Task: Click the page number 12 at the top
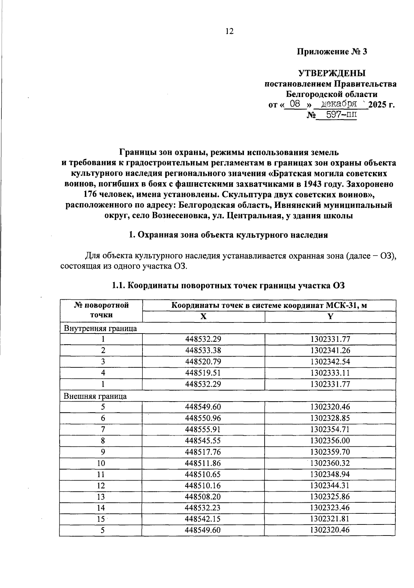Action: click(x=229, y=31)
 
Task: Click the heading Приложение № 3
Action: click(x=332, y=52)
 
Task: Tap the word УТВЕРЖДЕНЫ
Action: click(x=332, y=73)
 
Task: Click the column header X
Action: click(x=204, y=316)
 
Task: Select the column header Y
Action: click(x=330, y=316)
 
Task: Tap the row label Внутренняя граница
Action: click(x=100, y=328)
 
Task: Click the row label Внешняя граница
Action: click(x=95, y=396)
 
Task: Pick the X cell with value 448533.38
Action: click(x=203, y=350)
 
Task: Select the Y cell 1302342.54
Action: click(x=330, y=362)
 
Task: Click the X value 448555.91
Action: click(x=203, y=430)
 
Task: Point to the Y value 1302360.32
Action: click(x=330, y=463)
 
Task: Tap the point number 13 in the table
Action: click(x=101, y=497)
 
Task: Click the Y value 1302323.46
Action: click(x=330, y=508)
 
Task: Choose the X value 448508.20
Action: click(x=203, y=497)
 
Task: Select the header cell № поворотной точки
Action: click(x=101, y=310)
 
